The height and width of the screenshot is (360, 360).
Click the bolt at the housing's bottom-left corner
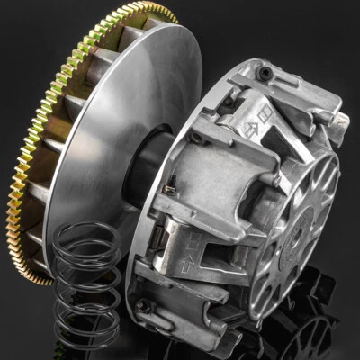(x=144, y=306)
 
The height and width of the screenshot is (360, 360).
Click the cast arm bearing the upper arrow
(x=243, y=135)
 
